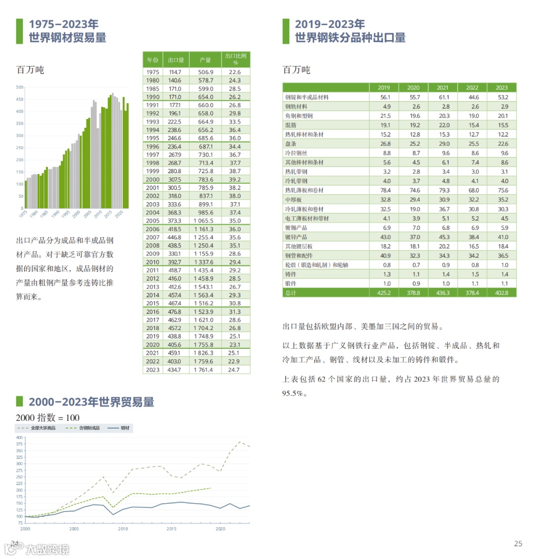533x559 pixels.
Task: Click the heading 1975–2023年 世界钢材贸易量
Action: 67,31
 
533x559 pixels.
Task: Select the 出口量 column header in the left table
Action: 176,60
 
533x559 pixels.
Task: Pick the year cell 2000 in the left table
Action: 152,180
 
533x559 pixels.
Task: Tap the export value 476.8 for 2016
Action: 174,312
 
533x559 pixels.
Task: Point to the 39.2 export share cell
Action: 235,180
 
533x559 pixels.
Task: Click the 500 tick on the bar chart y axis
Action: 20,87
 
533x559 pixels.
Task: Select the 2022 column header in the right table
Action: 472,87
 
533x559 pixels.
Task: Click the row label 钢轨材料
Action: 296,107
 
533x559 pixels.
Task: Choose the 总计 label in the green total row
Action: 291,293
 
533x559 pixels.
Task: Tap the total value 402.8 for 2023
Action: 501,293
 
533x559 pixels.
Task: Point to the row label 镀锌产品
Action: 296,237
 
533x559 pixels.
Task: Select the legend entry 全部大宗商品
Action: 43,428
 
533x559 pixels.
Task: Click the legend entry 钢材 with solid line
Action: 125,428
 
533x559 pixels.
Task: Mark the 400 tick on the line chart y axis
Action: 19,438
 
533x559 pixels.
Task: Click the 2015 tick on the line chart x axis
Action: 171,529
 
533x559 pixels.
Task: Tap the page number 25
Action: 518,544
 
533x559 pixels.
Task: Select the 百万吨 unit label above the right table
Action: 296,70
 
